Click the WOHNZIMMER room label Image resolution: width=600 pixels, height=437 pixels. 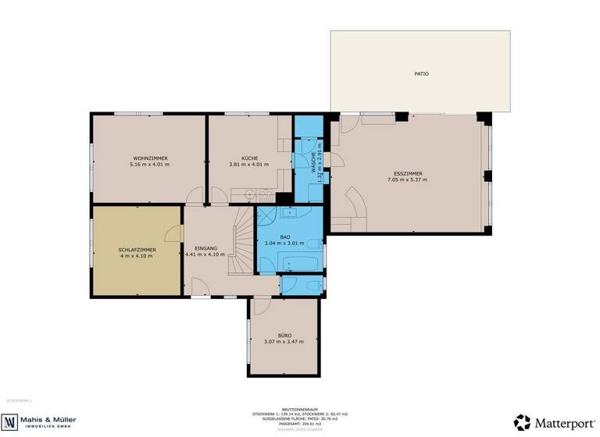[x=149, y=158]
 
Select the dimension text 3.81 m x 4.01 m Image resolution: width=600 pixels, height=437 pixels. [x=248, y=165]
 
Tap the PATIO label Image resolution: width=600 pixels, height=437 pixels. [x=421, y=74]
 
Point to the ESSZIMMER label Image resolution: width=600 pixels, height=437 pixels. [x=406, y=173]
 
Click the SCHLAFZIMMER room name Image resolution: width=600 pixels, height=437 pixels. [x=137, y=249]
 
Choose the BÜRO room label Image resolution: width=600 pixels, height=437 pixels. [x=284, y=335]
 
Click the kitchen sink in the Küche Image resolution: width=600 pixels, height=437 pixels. [x=248, y=194]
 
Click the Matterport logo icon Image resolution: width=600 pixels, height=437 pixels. [x=522, y=421]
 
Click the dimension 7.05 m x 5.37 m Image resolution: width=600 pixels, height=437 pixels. [x=406, y=180]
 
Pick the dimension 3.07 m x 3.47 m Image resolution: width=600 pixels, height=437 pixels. [x=284, y=342]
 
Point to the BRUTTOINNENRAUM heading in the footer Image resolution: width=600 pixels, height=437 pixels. [x=300, y=408]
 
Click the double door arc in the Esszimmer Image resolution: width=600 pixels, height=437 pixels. [x=355, y=210]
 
